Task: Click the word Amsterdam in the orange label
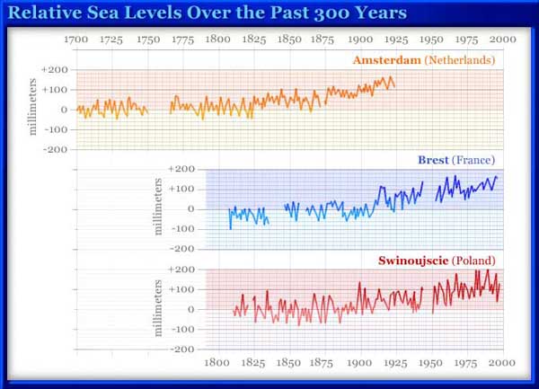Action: (384, 60)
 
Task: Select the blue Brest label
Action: (434, 160)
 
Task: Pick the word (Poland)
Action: (473, 261)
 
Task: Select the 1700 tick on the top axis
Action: (77, 40)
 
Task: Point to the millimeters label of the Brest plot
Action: (159, 208)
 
